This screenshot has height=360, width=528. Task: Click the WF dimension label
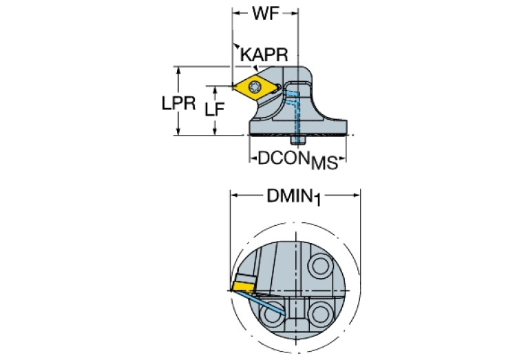266,14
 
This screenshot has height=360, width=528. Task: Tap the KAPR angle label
264,54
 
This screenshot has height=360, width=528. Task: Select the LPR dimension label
178,103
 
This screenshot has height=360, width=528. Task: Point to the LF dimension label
215,109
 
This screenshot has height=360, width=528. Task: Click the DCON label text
284,158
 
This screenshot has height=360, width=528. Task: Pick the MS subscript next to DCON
324,162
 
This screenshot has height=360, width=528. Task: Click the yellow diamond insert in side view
256,87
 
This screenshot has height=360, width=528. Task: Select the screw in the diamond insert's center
255,87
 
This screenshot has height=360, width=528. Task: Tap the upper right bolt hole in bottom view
321,266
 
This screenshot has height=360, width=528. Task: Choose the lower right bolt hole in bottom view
320,314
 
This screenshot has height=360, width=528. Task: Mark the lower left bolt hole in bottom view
271,314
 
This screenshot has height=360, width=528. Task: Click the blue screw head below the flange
298,140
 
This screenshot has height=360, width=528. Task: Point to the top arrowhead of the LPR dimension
178,70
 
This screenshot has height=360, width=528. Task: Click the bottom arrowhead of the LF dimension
215,131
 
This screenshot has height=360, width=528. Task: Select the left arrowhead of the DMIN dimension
234,195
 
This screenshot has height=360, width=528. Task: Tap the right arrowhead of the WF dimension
295,14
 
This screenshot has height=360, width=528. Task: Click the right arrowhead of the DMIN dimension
357,195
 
